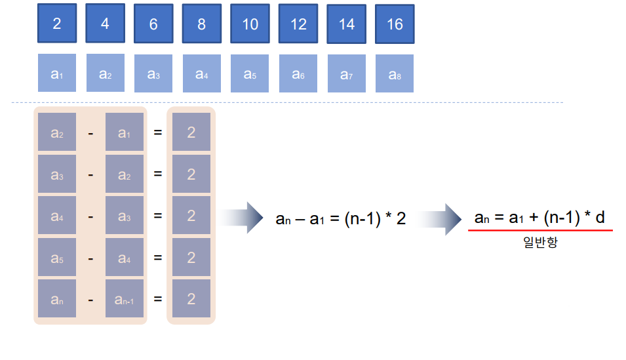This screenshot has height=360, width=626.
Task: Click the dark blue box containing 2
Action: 57,24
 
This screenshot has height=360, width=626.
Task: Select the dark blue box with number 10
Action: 250,24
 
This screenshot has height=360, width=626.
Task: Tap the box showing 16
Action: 395,24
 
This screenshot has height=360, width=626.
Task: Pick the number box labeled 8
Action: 202,24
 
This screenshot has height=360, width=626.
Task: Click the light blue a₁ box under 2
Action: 57,73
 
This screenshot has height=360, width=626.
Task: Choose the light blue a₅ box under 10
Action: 250,73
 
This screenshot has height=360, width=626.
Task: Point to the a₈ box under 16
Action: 395,73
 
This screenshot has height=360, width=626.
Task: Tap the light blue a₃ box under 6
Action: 153,73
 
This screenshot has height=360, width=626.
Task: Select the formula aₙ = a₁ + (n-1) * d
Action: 539,217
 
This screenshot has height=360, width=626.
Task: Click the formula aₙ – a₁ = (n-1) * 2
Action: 340,218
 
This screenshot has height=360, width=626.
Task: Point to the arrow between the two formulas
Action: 440,218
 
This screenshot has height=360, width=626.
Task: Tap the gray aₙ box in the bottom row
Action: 57,299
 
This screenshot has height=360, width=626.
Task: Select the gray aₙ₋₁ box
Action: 125,299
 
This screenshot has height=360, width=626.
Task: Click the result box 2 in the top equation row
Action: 191,132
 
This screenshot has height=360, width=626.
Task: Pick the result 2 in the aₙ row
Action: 191,299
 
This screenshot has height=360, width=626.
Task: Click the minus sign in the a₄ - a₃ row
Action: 90,216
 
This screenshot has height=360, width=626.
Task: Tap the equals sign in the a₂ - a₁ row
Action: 157,133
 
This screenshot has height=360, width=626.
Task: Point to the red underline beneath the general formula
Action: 541,231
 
